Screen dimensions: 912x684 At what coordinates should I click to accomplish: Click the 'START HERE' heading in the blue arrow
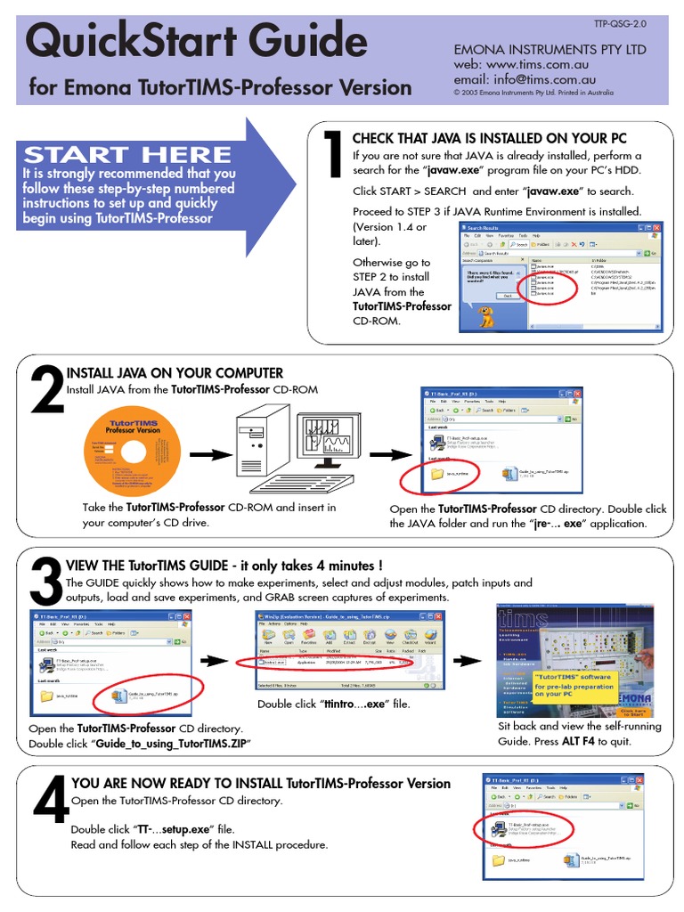pos(127,154)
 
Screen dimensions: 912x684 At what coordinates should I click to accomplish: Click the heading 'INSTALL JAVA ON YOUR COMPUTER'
pos(175,373)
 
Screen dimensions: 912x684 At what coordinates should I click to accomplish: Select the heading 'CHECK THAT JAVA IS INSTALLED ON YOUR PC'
pos(489,138)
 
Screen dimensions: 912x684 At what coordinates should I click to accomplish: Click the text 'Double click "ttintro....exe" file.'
pos(334,704)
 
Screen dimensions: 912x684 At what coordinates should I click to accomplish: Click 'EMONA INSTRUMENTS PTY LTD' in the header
pos(550,50)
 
